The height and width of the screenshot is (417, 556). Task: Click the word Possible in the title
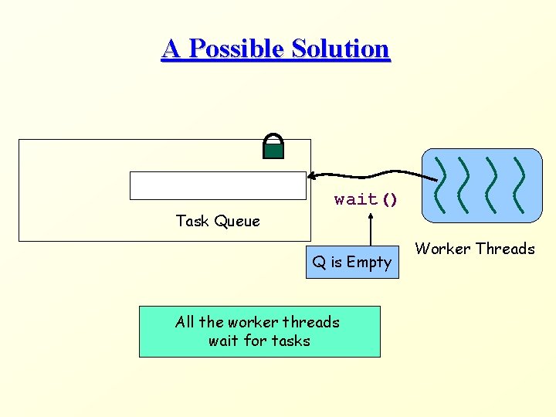coord(236,49)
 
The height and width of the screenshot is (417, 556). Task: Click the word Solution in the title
coord(341,49)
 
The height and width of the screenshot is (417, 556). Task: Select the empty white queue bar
coord(218,185)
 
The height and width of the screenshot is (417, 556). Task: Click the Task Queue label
coord(218,221)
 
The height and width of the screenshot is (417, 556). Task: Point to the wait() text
coord(366,199)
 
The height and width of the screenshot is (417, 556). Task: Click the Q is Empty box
coord(351,263)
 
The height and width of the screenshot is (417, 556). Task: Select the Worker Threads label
coord(475,249)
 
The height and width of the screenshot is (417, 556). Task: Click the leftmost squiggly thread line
coord(441,185)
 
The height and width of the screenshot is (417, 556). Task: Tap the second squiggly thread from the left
coord(466,185)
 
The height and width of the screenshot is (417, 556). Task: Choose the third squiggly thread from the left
coord(492,185)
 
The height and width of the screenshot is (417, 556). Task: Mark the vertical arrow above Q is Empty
coord(371,230)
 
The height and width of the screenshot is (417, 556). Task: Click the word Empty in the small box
coord(369,263)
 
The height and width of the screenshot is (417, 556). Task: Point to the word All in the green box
coord(185,322)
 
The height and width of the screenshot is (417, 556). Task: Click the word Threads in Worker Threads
coord(506,249)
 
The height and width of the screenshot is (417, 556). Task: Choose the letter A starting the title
coord(171,49)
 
